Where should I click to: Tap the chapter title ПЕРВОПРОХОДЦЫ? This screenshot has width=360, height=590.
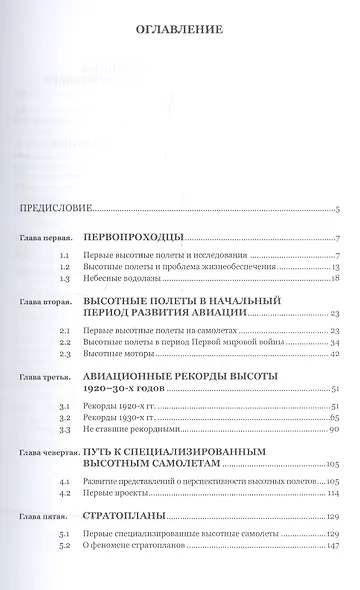click(x=137, y=239)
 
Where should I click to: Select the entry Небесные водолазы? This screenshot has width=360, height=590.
click(x=120, y=281)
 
